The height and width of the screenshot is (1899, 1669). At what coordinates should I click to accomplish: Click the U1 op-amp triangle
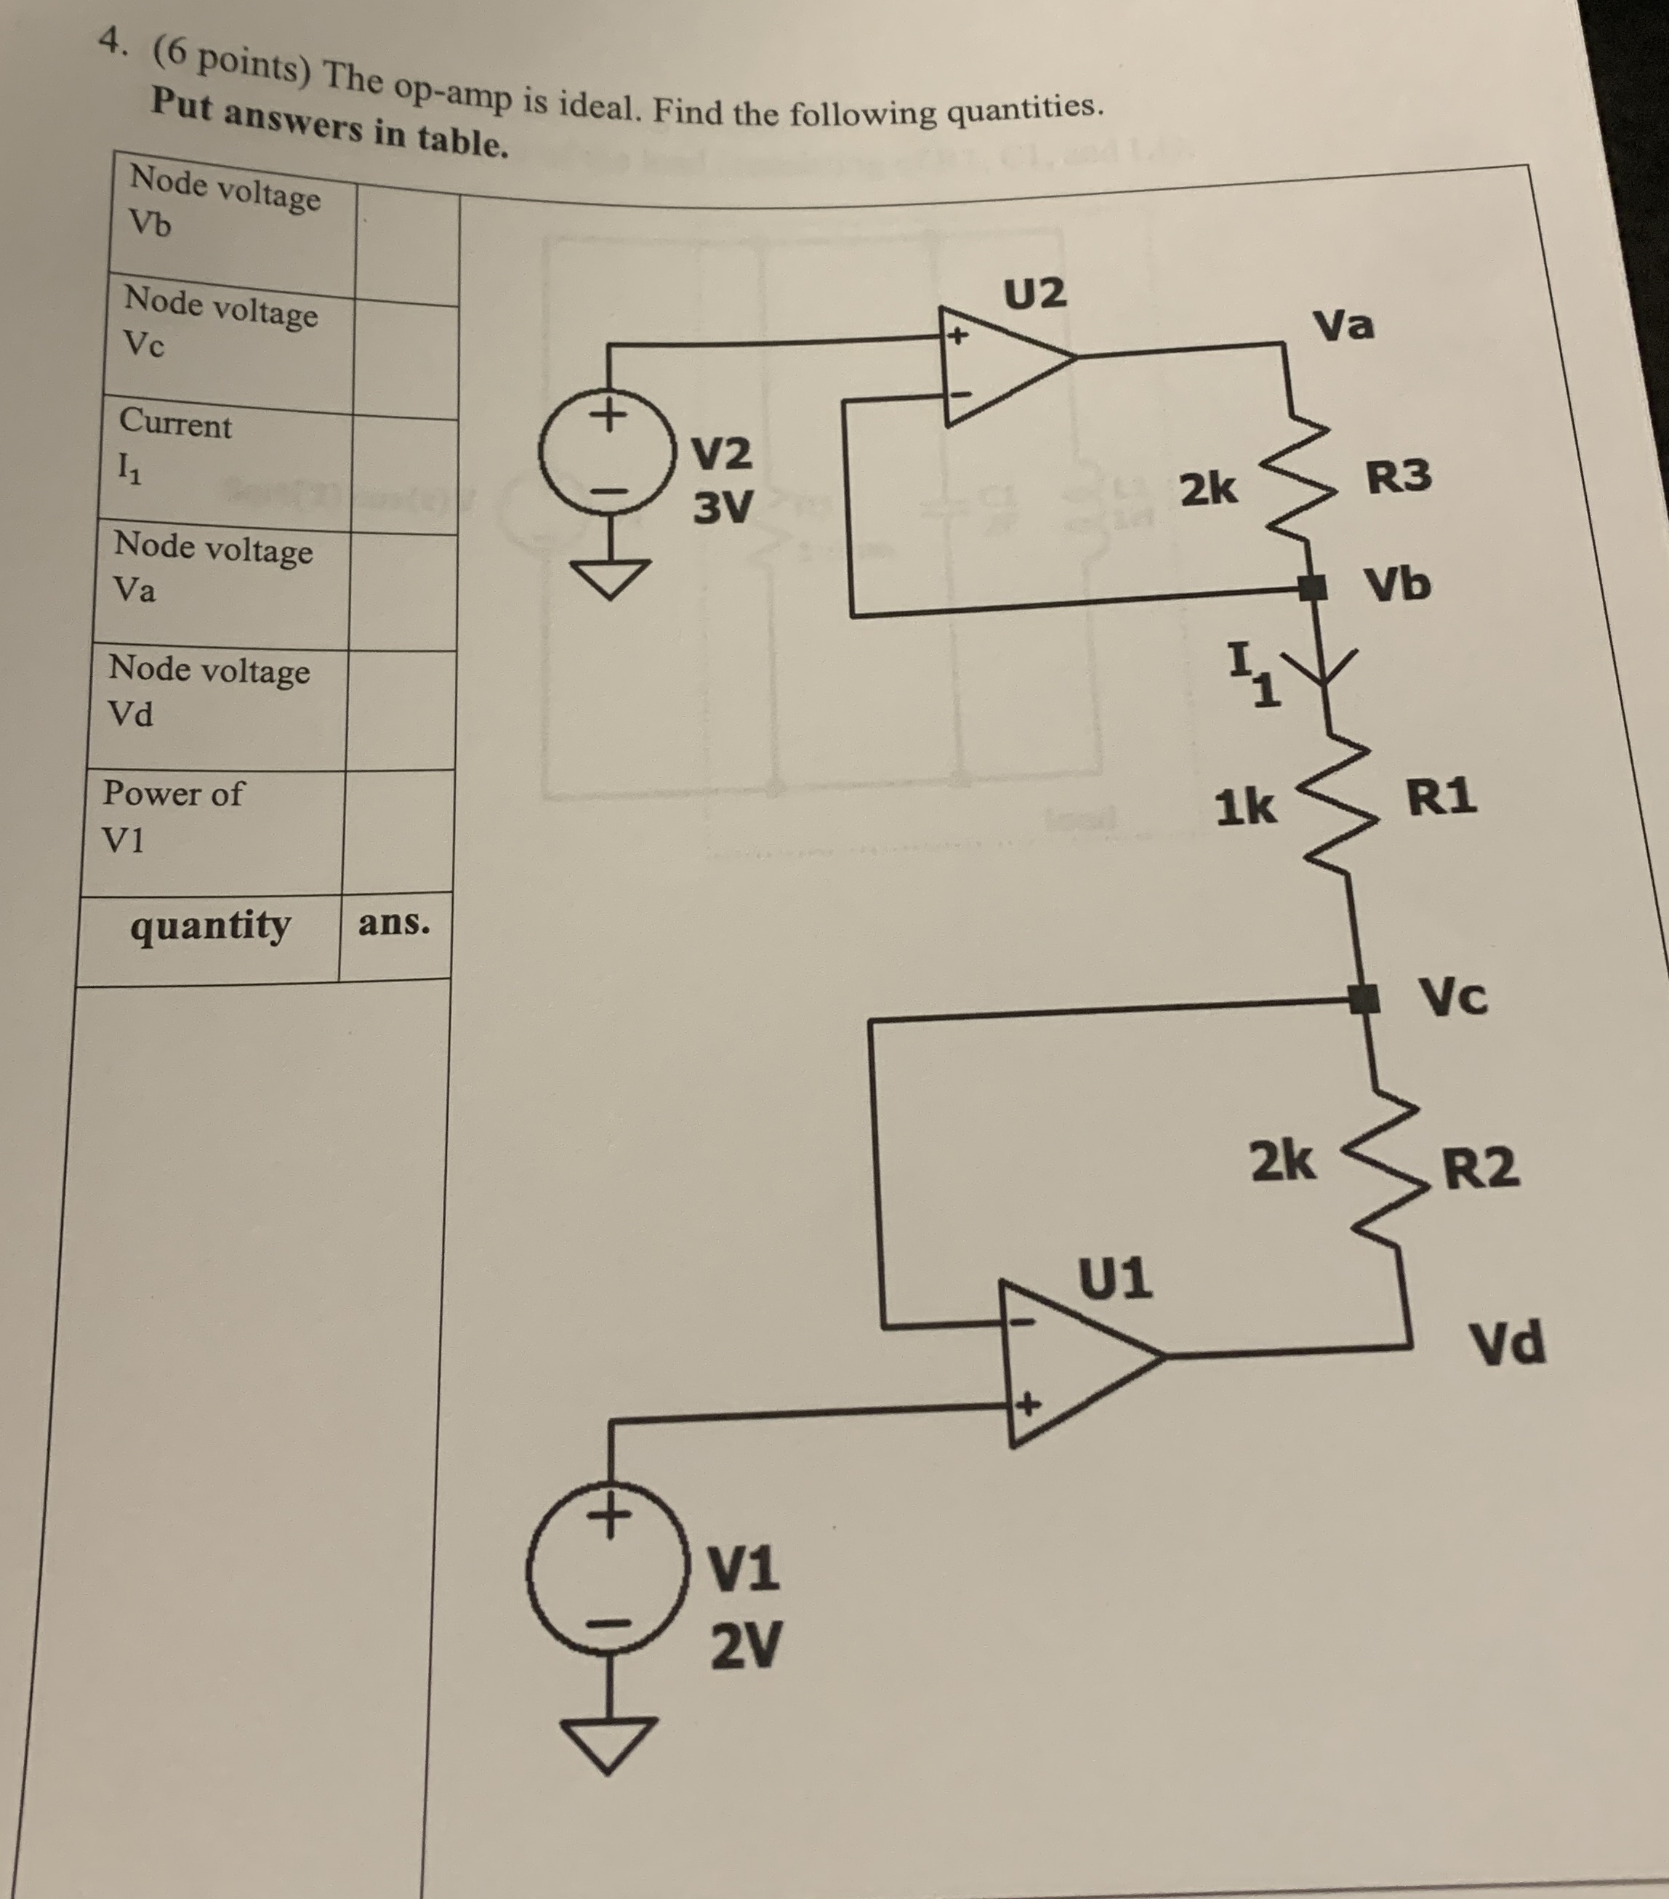1073,1362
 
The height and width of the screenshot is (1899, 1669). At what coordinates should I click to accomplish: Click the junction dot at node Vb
1311,587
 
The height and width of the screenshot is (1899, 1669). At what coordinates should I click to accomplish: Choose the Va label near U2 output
1343,325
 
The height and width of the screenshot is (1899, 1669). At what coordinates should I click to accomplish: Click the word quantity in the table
210,926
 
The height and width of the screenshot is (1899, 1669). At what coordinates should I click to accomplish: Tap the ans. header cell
394,923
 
